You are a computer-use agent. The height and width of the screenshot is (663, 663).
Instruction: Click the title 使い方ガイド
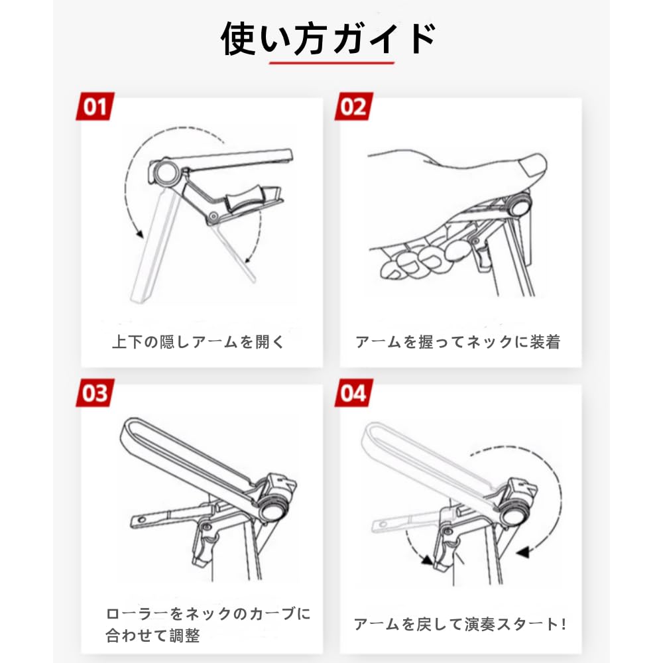point(329,38)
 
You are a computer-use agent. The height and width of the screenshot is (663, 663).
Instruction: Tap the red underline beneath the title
point(331,64)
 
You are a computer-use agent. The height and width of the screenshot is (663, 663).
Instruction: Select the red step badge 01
point(95,107)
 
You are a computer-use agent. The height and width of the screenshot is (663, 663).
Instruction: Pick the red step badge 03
point(95,392)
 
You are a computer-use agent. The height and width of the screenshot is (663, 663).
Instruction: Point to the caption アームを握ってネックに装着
point(457,342)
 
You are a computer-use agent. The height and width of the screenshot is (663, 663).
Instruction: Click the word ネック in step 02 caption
point(490,342)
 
